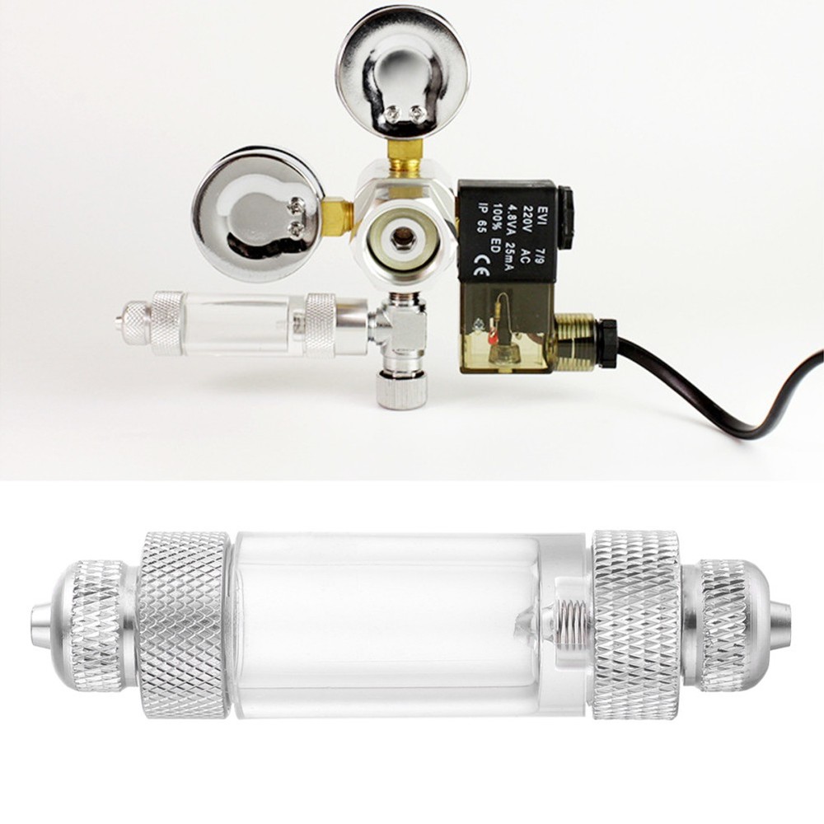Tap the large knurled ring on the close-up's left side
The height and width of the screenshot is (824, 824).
pos(182,625)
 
